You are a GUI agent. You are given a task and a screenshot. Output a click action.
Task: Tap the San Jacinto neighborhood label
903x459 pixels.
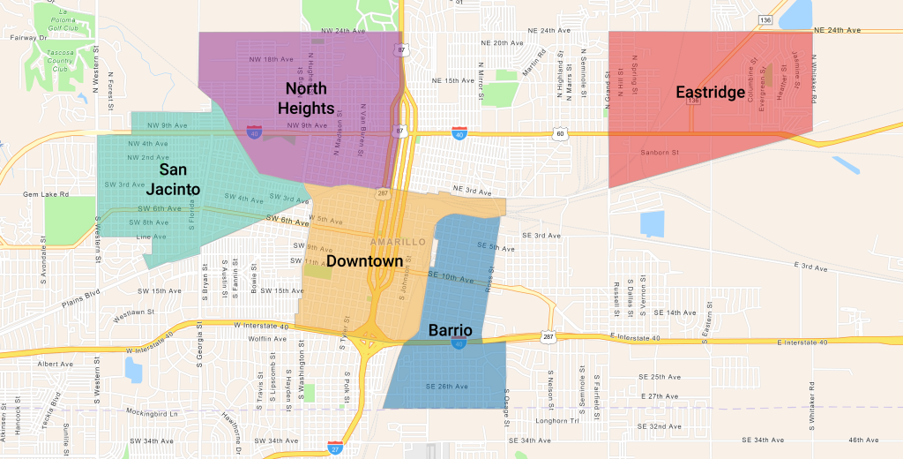coord(179,178)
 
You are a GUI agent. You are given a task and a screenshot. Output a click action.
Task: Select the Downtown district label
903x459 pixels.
coord(364,261)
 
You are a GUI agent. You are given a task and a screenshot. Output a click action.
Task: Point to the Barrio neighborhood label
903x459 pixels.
coord(450,331)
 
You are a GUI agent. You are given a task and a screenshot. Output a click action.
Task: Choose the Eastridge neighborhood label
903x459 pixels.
coord(711,92)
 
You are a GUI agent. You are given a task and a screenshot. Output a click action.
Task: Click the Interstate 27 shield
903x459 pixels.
coord(335,448)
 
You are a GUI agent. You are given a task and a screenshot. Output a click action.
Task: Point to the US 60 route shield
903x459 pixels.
coord(559,133)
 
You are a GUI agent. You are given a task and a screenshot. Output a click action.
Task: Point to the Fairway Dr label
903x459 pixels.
coord(30,38)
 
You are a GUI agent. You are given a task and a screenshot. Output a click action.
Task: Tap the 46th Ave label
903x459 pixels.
coord(863,440)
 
